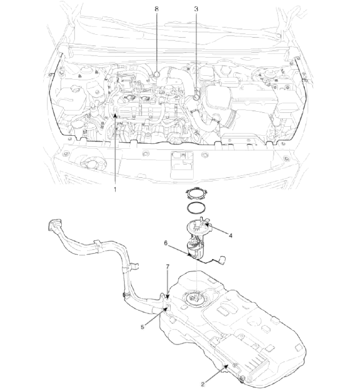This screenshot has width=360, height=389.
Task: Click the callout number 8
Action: click(x=157, y=9)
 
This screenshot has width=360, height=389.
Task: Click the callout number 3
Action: click(x=196, y=9)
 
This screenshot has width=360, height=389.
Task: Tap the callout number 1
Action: click(x=115, y=190)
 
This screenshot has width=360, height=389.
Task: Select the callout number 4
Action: click(x=231, y=235)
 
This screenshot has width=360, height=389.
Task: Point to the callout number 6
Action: click(x=166, y=244)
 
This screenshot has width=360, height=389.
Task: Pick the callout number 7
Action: click(x=168, y=267)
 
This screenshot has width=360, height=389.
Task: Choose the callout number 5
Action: click(x=143, y=327)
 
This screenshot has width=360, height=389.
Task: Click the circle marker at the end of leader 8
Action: click(x=157, y=74)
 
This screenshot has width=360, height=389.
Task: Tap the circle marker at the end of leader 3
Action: click(x=196, y=97)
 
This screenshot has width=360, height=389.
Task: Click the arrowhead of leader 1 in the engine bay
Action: click(x=115, y=115)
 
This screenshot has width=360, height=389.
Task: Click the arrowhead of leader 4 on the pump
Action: click(x=206, y=225)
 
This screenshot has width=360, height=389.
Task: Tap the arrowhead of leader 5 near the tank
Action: click(x=165, y=308)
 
